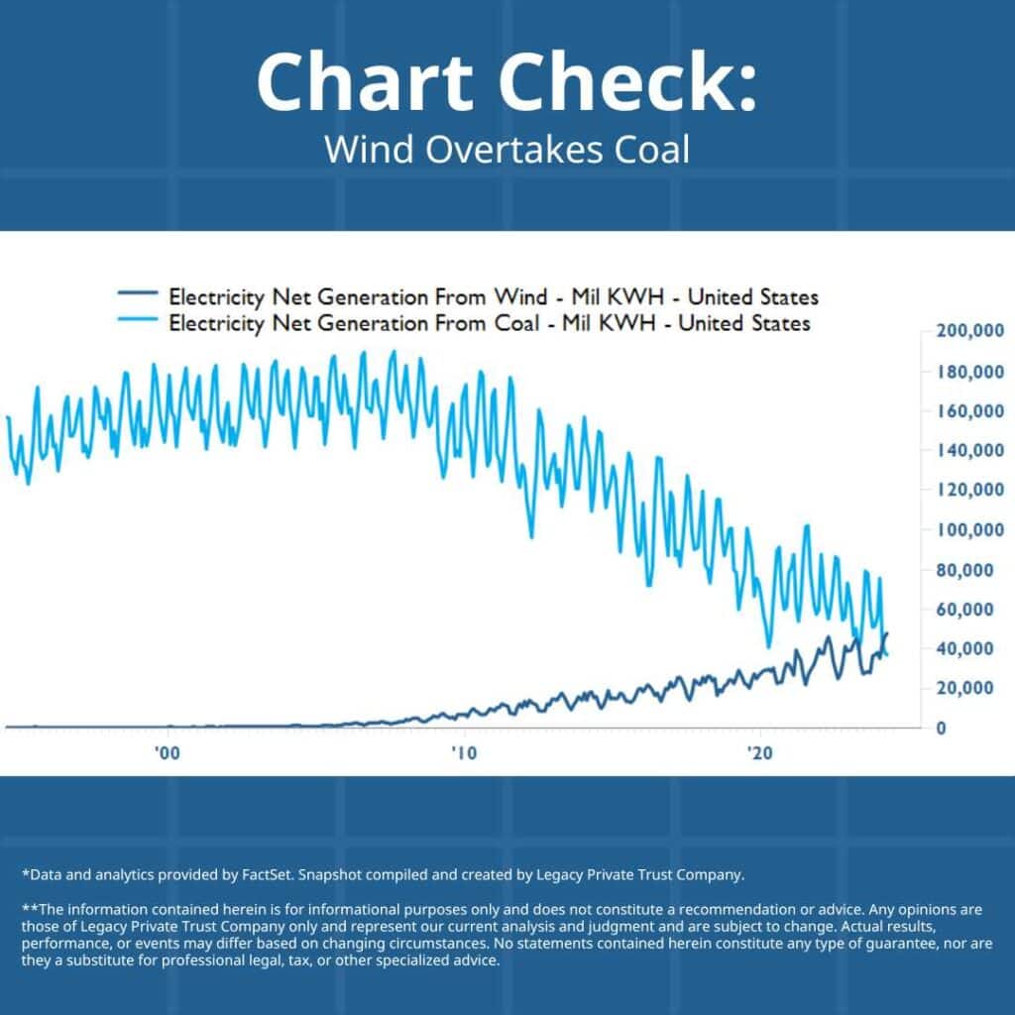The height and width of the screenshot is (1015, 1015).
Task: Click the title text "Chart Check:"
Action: (x=507, y=81)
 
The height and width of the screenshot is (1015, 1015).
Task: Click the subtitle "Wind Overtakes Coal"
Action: (x=507, y=150)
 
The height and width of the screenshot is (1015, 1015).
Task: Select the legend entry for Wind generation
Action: (x=493, y=296)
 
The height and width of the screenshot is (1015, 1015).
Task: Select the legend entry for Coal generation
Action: (x=489, y=323)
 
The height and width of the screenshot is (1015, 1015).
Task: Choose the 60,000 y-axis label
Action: (x=968, y=610)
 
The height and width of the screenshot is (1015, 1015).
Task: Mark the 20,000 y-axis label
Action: (x=968, y=688)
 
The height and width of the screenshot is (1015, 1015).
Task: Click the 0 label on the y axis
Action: (x=941, y=728)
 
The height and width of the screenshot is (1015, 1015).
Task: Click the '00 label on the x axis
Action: (x=168, y=753)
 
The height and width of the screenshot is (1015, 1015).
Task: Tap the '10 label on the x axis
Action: (x=462, y=753)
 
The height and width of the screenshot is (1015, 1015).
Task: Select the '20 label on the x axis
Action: (x=760, y=753)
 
